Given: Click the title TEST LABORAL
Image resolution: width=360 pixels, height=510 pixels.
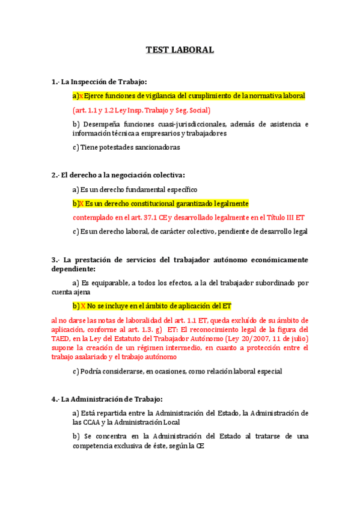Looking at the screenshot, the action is pos(180,50).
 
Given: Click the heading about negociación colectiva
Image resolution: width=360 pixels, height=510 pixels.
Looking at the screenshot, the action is pos(118,175).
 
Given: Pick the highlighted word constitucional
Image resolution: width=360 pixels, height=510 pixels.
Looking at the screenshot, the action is pos(150,203).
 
